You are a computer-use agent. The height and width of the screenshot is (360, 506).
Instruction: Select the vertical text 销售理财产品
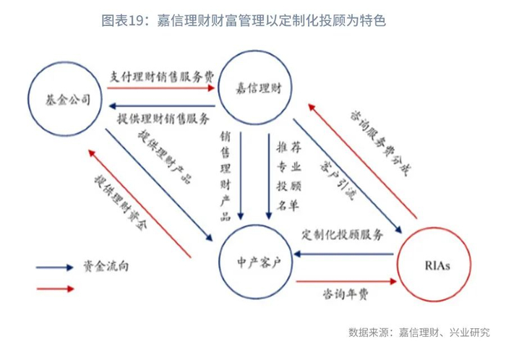[226, 173]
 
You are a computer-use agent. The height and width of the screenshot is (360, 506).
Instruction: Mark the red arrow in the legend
[55, 288]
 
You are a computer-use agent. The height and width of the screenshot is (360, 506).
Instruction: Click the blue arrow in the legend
[55, 266]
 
